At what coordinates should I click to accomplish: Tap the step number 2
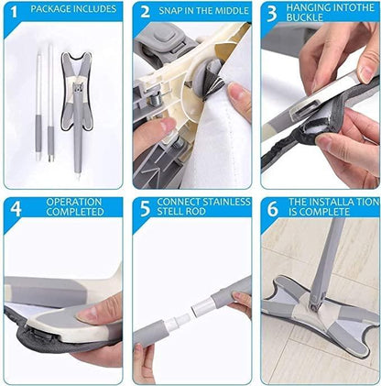pyautogui.click(x=145, y=12)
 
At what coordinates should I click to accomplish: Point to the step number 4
pyautogui.click(x=16, y=207)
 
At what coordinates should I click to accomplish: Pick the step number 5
pyautogui.click(x=145, y=207)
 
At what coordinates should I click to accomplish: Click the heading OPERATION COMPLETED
pyautogui.click(x=75, y=207)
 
